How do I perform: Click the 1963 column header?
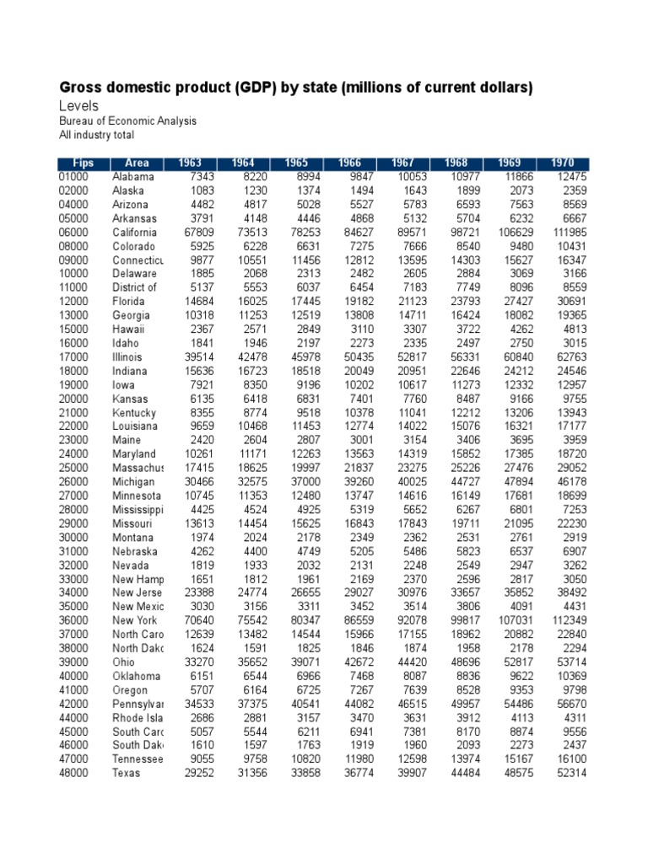click(191, 163)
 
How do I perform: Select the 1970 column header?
click(563, 163)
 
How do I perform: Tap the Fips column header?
click(83, 163)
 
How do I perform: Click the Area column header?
click(137, 163)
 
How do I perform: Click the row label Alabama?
click(133, 177)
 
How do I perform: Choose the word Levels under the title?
click(78, 106)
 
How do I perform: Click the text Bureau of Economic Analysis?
click(127, 121)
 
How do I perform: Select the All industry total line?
click(96, 135)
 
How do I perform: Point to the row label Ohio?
click(124, 662)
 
